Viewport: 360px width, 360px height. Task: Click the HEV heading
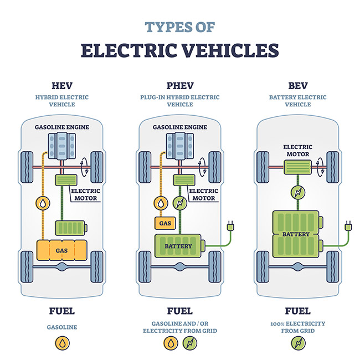[61, 85]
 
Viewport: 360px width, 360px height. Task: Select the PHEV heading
[179, 85]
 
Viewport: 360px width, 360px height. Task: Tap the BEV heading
[297, 85]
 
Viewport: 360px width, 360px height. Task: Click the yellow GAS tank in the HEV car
[61, 250]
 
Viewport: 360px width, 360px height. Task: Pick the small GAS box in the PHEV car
[164, 223]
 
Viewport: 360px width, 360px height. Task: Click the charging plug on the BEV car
[348, 227]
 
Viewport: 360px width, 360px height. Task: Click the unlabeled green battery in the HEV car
[70, 227]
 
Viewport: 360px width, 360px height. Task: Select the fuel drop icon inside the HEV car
[43, 203]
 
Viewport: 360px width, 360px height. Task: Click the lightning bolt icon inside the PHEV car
[180, 203]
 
